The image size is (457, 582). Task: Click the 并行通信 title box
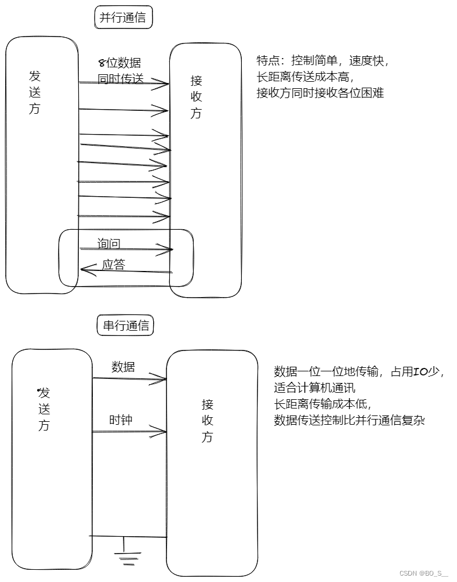[x=123, y=18]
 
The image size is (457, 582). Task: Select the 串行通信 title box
[x=126, y=326]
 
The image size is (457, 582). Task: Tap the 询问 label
[x=109, y=243]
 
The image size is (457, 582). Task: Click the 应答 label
[x=114, y=265]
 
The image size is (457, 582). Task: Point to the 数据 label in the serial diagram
[x=123, y=367]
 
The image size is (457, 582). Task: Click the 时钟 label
[x=121, y=420]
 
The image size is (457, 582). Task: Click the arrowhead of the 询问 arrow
[x=169, y=250]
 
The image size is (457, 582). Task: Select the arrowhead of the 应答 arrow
[x=85, y=269]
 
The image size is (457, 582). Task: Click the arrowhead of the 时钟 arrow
[x=164, y=432]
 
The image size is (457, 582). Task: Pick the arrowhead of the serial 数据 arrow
[x=163, y=381]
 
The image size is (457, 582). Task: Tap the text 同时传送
[x=121, y=79]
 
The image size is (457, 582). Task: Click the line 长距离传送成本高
[x=304, y=77]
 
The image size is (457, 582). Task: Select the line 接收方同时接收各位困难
[x=320, y=92]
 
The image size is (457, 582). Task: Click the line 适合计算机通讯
[x=314, y=388]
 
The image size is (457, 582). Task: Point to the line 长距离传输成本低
[x=322, y=404]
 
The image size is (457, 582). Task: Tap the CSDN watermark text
[x=423, y=573]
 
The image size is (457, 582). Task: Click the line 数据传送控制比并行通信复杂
[x=349, y=420]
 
